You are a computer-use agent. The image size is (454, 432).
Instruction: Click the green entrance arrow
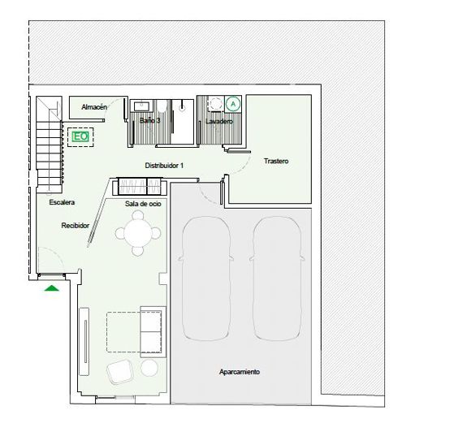(52, 287)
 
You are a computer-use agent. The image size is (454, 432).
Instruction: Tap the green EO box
(80, 137)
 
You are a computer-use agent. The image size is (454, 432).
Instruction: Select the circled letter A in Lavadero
(233, 104)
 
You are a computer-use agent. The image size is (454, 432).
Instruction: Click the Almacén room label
(95, 106)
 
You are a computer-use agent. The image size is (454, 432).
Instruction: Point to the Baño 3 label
(149, 120)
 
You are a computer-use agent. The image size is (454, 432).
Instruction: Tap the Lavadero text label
(219, 121)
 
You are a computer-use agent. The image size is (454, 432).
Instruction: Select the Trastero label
(276, 161)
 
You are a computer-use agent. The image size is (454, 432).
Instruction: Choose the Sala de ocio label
(143, 204)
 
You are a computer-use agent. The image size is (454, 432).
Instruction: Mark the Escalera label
(62, 201)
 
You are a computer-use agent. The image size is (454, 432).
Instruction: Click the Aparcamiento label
(240, 371)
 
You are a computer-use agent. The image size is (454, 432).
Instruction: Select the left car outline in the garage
(204, 277)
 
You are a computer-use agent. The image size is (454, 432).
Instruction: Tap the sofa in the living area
(152, 331)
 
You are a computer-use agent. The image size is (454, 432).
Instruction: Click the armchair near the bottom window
(122, 372)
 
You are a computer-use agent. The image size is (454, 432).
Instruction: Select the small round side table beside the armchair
(149, 369)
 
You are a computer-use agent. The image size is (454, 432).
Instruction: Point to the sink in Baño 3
(141, 105)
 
